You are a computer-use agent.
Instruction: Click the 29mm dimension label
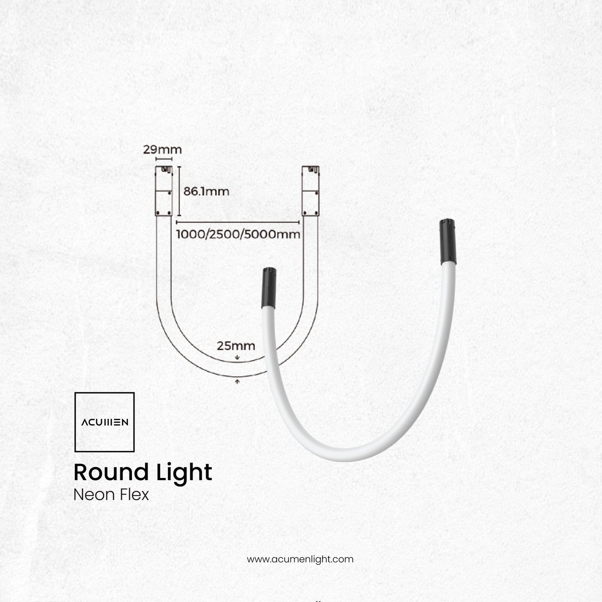pos(162,149)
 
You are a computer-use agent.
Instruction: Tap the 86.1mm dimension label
pos(206,191)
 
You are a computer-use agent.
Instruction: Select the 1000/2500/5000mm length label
pos(238,234)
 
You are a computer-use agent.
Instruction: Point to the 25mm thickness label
pos(236,346)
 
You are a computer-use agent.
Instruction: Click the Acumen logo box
pos(105,422)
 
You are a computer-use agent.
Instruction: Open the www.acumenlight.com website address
pos(300,559)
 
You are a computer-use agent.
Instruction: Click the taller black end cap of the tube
pos(447,241)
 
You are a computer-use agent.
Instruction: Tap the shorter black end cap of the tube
pos(269,288)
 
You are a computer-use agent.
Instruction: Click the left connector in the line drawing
pos(164,191)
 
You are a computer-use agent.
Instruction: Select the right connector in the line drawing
pos(311,191)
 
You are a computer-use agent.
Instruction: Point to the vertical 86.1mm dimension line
pos(179,191)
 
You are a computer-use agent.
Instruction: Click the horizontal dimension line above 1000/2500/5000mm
pos(238,222)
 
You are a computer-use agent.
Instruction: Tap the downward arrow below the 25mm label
pos(237,357)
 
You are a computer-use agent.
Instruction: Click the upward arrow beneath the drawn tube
pos(237,381)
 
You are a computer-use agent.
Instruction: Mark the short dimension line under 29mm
pos(164,159)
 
